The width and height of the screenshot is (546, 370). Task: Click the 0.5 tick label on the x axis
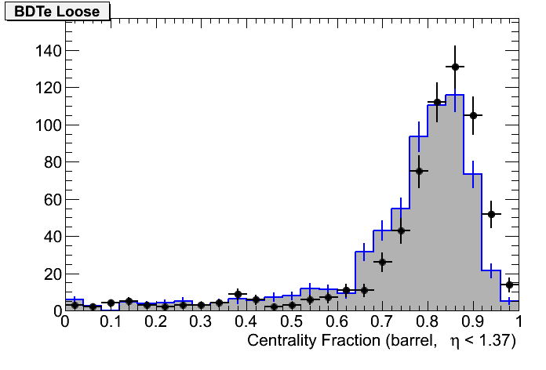292,322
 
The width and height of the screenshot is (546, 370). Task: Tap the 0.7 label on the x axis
383,322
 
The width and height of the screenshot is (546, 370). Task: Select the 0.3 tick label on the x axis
201,322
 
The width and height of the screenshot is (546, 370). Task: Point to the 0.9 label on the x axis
474,322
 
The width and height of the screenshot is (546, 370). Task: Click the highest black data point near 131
455,67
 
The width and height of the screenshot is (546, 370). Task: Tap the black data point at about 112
437,103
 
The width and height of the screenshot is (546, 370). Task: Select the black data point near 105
473,116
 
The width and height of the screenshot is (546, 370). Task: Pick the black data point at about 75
419,171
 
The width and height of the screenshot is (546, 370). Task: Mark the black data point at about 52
491,214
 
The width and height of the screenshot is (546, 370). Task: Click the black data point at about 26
382,263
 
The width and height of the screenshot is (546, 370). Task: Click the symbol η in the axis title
452,341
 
